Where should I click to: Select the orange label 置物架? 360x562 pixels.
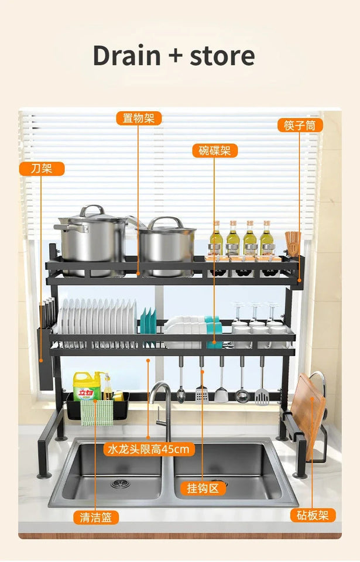pos(138,118)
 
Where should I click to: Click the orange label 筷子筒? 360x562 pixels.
pos(300,125)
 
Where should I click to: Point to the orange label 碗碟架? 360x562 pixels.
pos(214,150)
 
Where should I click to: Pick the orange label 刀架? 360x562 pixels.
pos(42,169)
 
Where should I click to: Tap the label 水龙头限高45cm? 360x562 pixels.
pos(149,449)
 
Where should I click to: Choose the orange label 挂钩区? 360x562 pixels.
pos(203,488)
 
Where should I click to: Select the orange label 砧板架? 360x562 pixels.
pos(313,515)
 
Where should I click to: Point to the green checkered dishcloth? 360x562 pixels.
pos(97,412)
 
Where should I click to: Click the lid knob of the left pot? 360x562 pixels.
pos(91,209)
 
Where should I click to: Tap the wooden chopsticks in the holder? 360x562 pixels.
pos(293,242)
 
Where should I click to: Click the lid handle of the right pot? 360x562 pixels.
pos(166,222)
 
